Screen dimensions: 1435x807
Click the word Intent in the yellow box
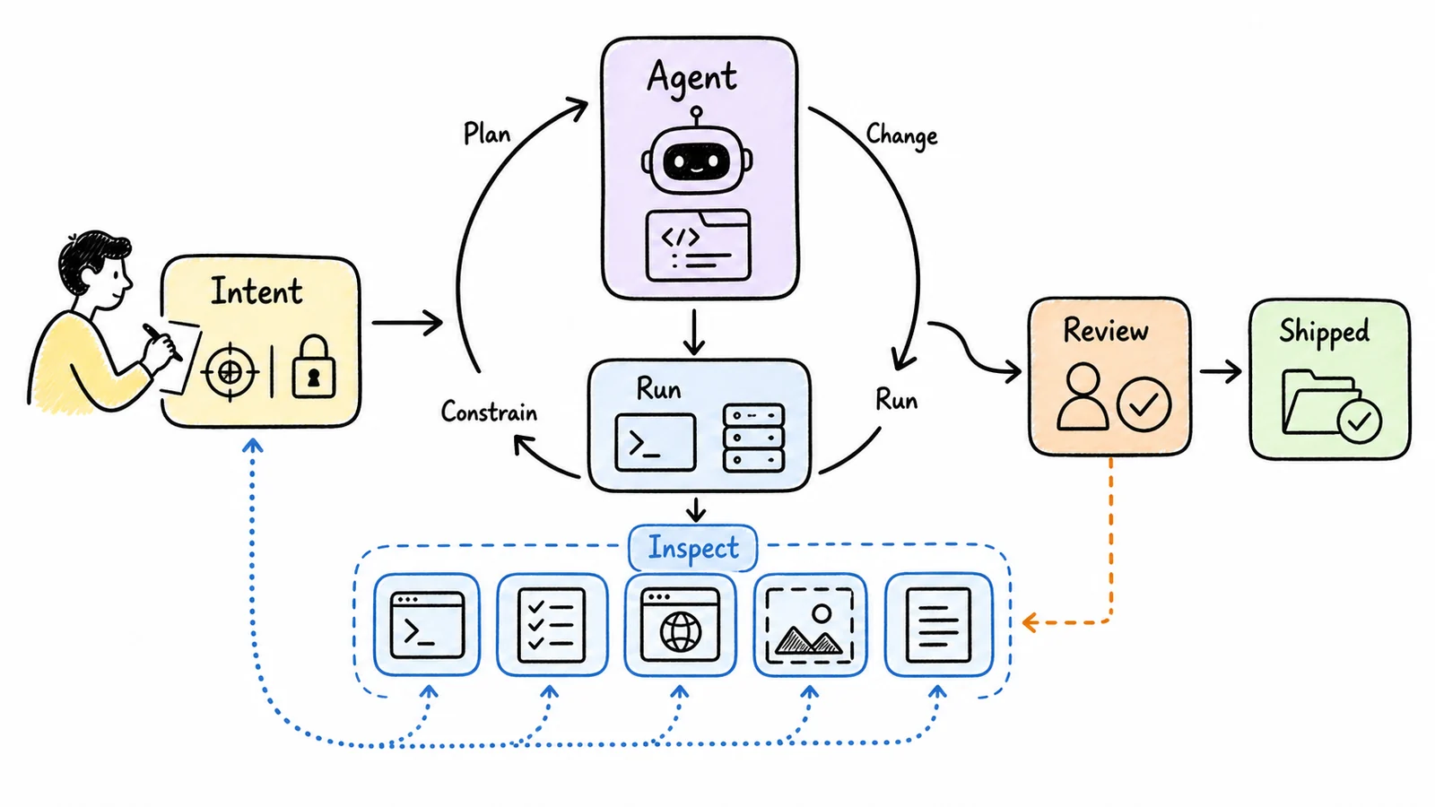click(x=257, y=291)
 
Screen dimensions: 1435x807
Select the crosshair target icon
click(x=230, y=372)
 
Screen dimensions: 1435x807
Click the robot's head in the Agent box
click(x=697, y=157)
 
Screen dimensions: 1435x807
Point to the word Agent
click(x=691, y=78)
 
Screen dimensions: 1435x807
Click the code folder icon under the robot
click(x=698, y=246)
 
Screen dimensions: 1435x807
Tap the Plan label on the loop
click(x=487, y=134)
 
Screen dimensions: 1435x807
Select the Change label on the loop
click(x=902, y=135)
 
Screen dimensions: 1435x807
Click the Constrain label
click(x=489, y=412)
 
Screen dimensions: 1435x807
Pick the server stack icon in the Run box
click(x=754, y=438)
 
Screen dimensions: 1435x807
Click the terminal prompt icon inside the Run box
click(x=655, y=443)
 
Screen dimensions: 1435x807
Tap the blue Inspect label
click(x=693, y=548)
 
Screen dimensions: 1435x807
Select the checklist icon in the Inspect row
click(x=552, y=625)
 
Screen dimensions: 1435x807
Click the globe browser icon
click(x=681, y=624)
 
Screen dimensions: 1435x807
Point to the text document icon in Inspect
click(x=938, y=625)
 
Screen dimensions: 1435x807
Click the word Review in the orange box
click(x=1106, y=331)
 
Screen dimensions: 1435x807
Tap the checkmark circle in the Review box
click(x=1144, y=404)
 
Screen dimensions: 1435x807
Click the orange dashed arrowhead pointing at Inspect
click(x=1031, y=622)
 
